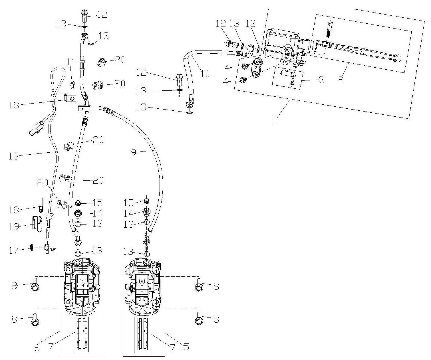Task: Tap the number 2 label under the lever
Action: pos(340,80)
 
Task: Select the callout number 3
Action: pos(322,80)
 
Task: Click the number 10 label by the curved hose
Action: pos(205,74)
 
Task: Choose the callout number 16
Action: pos(14,156)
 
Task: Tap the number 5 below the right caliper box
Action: pos(186,347)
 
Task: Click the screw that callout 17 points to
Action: pos(31,247)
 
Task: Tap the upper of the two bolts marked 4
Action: pos(245,67)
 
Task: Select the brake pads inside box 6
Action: pos(82,334)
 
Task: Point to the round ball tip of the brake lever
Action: pos(398,58)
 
